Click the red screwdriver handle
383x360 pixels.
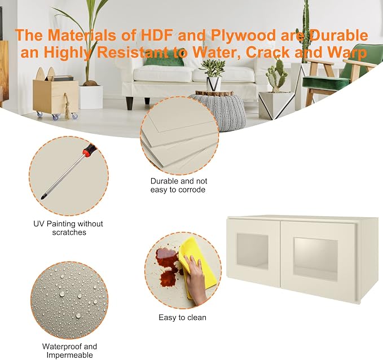tap(89, 150)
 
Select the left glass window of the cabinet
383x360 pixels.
tap(252, 251)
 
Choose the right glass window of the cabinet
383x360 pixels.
tap(315, 260)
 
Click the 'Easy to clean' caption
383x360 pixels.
tap(182, 318)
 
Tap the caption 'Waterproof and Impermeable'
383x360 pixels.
tap(69, 351)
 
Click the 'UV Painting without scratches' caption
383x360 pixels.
tap(68, 228)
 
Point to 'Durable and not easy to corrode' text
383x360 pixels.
tap(179, 185)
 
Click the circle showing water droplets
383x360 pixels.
tap(69, 300)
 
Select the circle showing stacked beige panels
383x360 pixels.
tap(179, 135)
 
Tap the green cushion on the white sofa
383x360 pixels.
tap(164, 60)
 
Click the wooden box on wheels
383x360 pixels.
tap(56, 97)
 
